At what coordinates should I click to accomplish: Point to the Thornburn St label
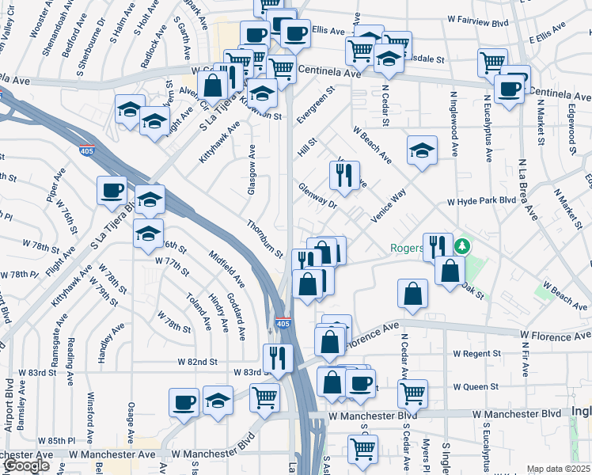[264, 239]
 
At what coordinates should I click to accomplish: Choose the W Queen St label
[475, 387]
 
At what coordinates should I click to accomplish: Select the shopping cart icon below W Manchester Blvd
[362, 449]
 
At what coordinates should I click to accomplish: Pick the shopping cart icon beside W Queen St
[412, 393]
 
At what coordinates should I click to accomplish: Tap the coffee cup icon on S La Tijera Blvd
[112, 190]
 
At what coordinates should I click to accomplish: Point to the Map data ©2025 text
[558, 469]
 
